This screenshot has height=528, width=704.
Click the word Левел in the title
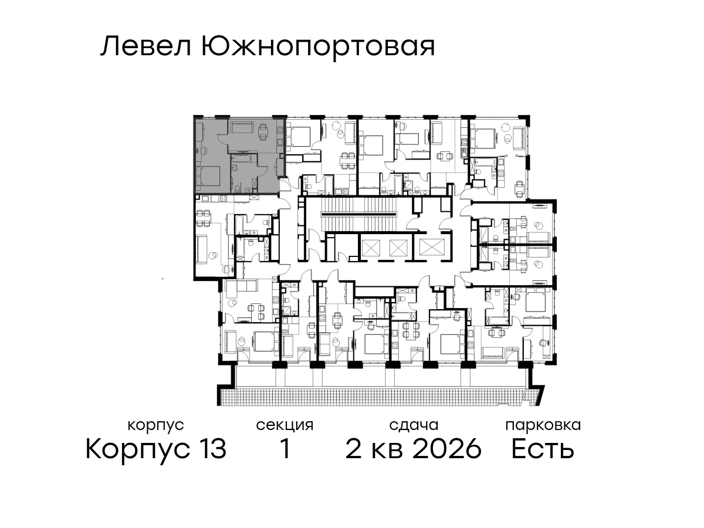(x=146, y=46)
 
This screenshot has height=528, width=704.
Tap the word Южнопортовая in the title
(x=318, y=48)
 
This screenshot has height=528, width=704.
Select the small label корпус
(x=155, y=426)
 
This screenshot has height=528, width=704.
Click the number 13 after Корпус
(x=211, y=449)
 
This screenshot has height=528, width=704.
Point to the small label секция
(x=285, y=425)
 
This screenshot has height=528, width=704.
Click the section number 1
(x=285, y=449)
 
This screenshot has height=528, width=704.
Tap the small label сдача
(x=414, y=425)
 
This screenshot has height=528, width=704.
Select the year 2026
(x=447, y=449)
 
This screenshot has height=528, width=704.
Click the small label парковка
(x=543, y=425)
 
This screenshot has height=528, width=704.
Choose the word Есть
(x=542, y=449)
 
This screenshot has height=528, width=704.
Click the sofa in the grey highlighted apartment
(x=242, y=127)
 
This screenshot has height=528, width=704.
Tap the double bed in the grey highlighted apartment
(x=208, y=177)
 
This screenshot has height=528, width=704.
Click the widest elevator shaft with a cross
(x=432, y=248)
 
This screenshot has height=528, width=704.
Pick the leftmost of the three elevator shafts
(x=371, y=248)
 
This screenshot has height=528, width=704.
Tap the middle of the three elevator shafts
(x=399, y=248)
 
